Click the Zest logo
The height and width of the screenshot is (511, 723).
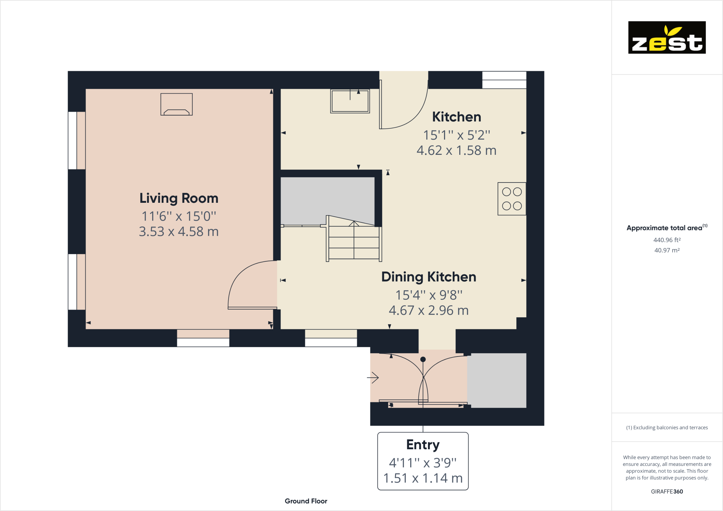pyautogui.click(x=667, y=37)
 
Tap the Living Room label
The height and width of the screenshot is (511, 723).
pyautogui.click(x=179, y=198)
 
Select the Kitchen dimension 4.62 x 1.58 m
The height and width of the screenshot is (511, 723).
pyautogui.click(x=456, y=150)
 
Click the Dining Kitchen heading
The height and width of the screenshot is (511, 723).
pyautogui.click(x=428, y=277)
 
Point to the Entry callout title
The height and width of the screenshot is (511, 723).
pyautogui.click(x=423, y=444)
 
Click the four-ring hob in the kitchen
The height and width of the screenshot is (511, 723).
pyautogui.click(x=512, y=199)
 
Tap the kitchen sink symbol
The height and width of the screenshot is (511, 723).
pyautogui.click(x=350, y=101)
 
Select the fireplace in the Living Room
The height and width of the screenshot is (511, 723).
pyautogui.click(x=177, y=105)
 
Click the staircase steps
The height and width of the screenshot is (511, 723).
pyautogui.click(x=354, y=241)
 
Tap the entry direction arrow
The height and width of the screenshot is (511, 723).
pyautogui.click(x=373, y=378)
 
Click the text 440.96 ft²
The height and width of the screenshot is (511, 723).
pyautogui.click(x=667, y=240)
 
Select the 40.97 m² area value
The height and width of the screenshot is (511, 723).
pyautogui.click(x=667, y=250)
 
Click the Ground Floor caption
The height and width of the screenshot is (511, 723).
pyautogui.click(x=306, y=501)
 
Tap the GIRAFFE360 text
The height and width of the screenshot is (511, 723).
pyautogui.click(x=667, y=491)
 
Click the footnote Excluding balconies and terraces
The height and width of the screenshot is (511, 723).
pyautogui.click(x=667, y=427)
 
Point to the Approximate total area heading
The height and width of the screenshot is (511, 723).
pyautogui.click(x=665, y=228)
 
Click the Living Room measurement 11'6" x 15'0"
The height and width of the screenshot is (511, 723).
pyautogui.click(x=179, y=217)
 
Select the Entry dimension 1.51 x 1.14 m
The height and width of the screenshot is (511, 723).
pyautogui.click(x=423, y=478)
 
